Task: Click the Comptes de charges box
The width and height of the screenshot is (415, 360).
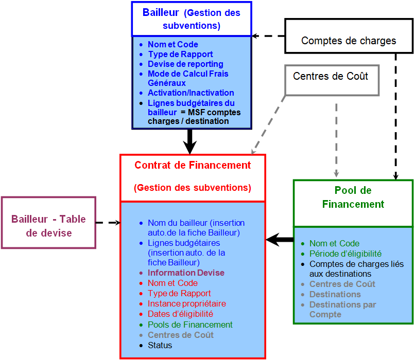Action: [349, 40]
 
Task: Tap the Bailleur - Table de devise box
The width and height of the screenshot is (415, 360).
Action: [49, 226]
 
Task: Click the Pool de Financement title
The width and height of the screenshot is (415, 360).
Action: [353, 197]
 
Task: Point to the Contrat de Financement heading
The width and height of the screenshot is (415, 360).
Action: [193, 166]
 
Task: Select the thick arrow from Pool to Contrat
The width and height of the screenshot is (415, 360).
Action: [280, 240]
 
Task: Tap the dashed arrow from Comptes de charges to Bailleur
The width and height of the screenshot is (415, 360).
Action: [268, 36]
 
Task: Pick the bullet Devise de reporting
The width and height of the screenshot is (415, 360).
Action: [185, 64]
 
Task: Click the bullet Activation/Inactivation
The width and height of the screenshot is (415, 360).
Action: [191, 93]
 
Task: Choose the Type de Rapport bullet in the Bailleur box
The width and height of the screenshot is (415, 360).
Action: [180, 55]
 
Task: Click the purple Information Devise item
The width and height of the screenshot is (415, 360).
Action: [186, 273]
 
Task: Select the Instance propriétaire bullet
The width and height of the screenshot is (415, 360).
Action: [186, 303]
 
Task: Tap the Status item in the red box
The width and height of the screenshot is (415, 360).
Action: [160, 345]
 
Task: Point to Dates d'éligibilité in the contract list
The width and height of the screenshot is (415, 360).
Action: [180, 314]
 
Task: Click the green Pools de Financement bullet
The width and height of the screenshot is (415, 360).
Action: [190, 325]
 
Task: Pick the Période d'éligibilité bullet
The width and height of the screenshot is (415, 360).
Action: [345, 254]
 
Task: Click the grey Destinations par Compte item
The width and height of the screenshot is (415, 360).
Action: [342, 309]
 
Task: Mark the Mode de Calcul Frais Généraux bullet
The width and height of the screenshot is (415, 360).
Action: [188, 78]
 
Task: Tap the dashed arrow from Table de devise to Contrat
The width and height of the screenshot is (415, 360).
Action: [108, 223]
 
